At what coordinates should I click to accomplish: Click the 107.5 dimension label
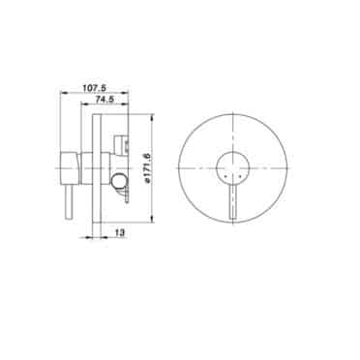coord(95,87)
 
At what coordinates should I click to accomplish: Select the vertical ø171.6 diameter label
coord(148,168)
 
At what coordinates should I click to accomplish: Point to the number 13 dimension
coord(120,232)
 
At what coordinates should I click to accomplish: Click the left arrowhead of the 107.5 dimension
coord(64,93)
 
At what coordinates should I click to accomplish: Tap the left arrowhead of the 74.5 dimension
coord(83,104)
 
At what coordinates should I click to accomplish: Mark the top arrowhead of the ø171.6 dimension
coord(152,117)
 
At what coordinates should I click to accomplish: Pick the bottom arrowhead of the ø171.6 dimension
coord(152,221)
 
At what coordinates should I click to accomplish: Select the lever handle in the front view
coord(232,203)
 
